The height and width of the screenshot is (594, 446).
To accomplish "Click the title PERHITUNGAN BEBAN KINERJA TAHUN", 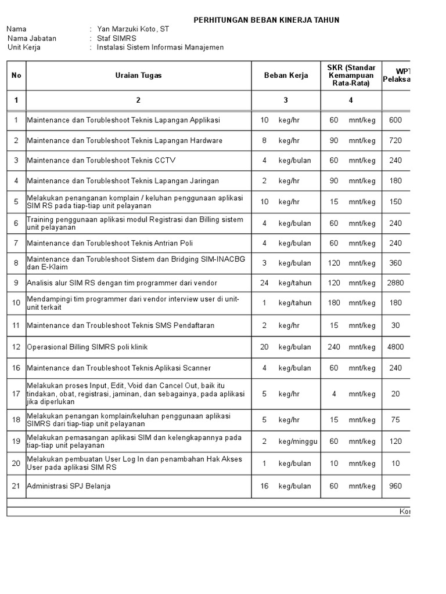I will click(x=266, y=20).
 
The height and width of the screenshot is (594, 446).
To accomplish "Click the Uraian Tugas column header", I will click(x=138, y=75).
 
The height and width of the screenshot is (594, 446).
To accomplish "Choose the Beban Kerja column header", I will click(x=285, y=75).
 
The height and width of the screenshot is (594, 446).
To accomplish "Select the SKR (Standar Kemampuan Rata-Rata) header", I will click(x=351, y=75).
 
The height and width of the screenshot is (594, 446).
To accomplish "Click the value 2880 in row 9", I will click(x=395, y=283).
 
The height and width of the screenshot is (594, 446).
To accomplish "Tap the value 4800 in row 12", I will click(x=395, y=347).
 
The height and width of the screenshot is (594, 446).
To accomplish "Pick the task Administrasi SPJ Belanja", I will click(x=69, y=486).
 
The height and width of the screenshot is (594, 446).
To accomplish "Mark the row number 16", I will click(x=16, y=368).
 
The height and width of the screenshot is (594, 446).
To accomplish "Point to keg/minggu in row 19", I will click(x=298, y=441).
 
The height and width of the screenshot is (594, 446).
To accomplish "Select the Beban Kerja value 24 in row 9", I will click(x=264, y=283).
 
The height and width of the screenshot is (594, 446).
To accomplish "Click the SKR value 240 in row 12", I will click(x=334, y=347).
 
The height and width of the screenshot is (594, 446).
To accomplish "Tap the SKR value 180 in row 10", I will click(x=334, y=303).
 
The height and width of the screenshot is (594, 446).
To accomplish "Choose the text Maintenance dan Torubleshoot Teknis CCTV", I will click(x=101, y=160).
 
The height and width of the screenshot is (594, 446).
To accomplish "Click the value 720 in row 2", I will click(x=395, y=140).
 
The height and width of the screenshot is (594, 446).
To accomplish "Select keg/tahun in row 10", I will click(x=295, y=303).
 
